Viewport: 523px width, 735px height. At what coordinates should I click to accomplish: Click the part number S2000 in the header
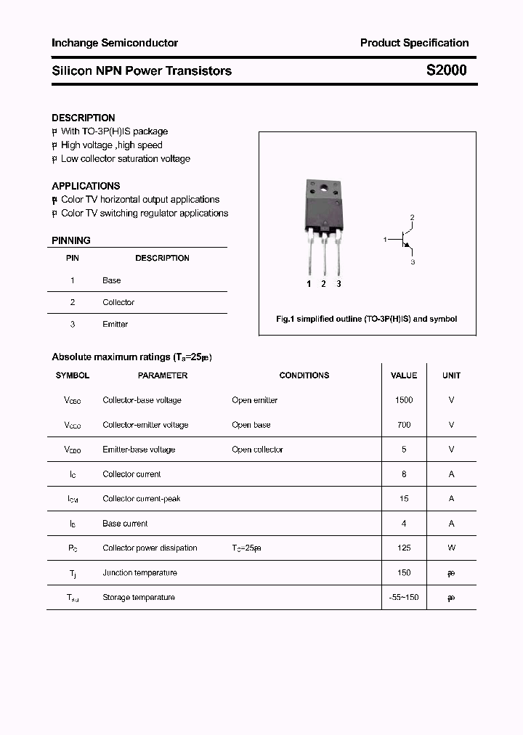(446, 70)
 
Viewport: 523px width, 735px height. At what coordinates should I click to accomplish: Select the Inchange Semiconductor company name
(115, 43)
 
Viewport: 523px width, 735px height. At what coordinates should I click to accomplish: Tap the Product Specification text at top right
(414, 43)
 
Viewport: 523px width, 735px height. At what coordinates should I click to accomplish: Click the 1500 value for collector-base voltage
(404, 400)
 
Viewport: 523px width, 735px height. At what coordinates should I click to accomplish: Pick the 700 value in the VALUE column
(404, 425)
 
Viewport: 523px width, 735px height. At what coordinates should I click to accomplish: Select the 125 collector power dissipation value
(404, 548)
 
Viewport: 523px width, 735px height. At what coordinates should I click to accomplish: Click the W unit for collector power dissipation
(451, 548)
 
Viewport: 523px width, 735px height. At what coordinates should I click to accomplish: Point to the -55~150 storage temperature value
(404, 598)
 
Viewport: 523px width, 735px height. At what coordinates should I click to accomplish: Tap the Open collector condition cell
(257, 450)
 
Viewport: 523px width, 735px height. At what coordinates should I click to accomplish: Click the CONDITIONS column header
(304, 375)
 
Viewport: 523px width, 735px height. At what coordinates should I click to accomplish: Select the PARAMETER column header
(163, 375)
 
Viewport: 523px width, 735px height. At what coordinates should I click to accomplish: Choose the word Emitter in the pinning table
(115, 324)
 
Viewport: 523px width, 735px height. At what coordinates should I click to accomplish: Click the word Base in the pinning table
(112, 280)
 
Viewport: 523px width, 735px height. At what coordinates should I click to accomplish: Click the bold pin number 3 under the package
(338, 284)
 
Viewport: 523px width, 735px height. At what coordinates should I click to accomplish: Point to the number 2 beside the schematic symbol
(412, 218)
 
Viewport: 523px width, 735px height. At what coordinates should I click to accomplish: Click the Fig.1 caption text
(367, 319)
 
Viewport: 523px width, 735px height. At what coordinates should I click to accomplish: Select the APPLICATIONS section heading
(86, 186)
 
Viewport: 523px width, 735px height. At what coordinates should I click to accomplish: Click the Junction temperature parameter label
(139, 573)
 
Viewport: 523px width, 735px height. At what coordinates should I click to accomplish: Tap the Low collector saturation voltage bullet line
(125, 158)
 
